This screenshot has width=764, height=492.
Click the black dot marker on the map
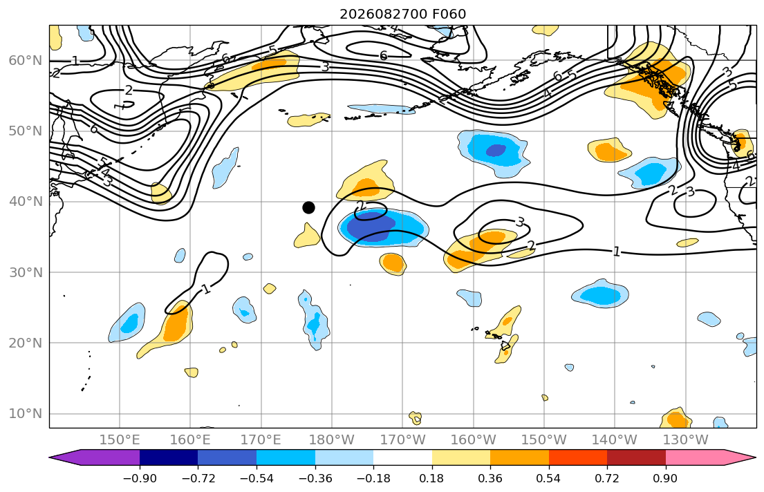[308, 207]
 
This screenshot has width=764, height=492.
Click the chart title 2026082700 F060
[402, 14]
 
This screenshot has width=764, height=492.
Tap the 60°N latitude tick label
[26, 60]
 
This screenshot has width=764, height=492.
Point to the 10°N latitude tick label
[26, 414]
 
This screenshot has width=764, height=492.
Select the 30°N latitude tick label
[26, 272]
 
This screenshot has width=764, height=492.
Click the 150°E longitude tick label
[120, 440]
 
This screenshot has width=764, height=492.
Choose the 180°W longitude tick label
[332, 440]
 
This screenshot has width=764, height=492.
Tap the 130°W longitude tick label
[686, 440]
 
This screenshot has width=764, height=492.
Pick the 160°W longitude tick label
[473, 440]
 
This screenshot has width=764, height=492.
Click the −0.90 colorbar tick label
[140, 478]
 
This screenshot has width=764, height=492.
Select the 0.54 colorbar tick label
[549, 478]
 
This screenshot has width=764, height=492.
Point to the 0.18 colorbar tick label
[431, 478]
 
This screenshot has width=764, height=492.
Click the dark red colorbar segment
[636, 457]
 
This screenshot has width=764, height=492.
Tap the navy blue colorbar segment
[169, 457]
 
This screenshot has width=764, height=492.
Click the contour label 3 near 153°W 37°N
[520, 223]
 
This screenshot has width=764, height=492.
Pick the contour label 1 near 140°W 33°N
[616, 252]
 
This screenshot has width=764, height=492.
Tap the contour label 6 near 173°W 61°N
[384, 56]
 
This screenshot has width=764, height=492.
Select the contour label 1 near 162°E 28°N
[207, 289]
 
